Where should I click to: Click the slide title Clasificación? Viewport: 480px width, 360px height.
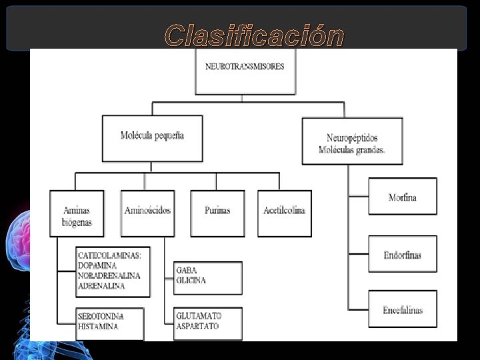[254, 35]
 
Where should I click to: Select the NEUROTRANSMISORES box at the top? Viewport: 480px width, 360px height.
[245, 70]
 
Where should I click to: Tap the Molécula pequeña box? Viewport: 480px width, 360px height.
[152, 138]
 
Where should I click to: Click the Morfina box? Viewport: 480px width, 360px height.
[402, 197]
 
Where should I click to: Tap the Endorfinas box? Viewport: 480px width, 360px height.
[402, 255]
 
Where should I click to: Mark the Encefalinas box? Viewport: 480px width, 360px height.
[402, 310]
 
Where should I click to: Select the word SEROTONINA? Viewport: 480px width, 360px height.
[101, 317]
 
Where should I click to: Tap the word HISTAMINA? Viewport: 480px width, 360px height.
[98, 327]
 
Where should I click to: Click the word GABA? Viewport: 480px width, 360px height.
[186, 271]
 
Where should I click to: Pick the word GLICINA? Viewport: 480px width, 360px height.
[191, 281]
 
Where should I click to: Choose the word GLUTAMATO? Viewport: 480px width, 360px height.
[199, 315]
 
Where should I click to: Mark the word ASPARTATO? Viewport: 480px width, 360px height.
[197, 326]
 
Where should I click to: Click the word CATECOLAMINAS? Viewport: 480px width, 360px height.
[113, 255]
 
